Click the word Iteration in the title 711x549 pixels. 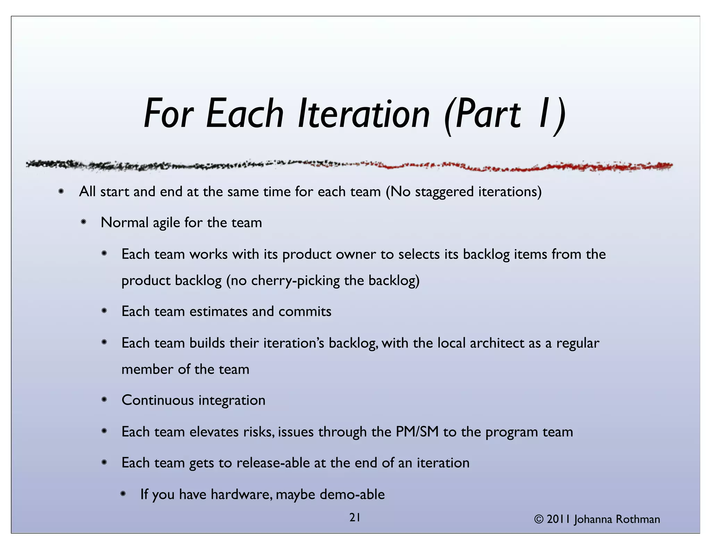click(363, 114)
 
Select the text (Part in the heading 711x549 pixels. click(483, 114)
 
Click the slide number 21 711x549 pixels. click(354, 518)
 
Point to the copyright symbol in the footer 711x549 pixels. click(539, 520)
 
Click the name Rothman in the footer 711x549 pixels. click(638, 520)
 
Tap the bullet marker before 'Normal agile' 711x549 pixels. click(83, 222)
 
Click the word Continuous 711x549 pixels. click(158, 400)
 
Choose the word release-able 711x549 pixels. click(273, 463)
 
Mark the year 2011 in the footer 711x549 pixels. click(558, 520)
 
